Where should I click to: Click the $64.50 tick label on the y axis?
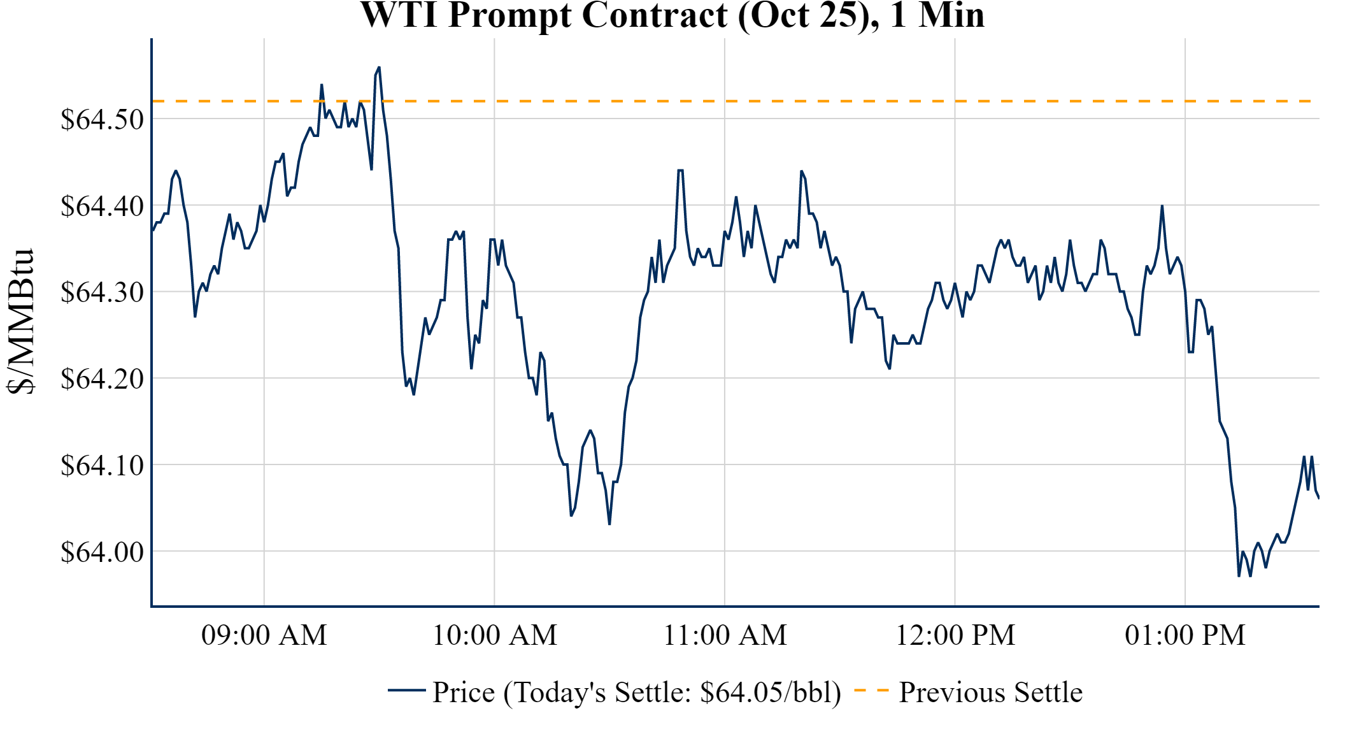pos(102,119)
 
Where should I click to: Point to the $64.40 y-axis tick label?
pos(102,206)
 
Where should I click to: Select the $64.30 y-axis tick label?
pos(102,292)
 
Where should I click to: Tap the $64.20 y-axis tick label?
pos(102,378)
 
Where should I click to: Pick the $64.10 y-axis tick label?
pos(102,465)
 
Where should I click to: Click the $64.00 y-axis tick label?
pos(102,552)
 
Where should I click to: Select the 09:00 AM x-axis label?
pos(264,635)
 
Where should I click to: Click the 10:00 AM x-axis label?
pos(495,635)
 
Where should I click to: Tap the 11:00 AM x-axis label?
pos(725,635)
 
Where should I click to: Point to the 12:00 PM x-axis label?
pos(955,635)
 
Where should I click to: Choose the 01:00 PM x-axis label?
pos(1185,635)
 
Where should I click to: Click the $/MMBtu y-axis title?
pos(20,321)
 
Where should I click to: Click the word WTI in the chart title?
pos(399,15)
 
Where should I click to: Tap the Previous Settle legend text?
pos(990,692)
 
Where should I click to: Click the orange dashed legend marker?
pos(871,690)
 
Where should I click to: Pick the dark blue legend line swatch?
pos(406,690)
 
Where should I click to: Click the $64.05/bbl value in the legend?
pos(770,692)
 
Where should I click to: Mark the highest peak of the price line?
pos(379,67)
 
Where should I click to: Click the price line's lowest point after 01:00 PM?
pos(1239,576)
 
